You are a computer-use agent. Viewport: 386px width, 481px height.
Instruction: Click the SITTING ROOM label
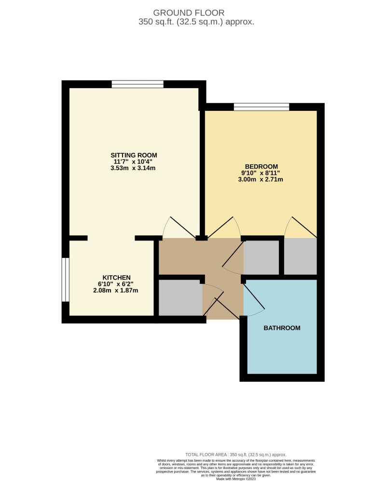point(134,155)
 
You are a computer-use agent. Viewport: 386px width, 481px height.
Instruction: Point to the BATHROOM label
point(282,328)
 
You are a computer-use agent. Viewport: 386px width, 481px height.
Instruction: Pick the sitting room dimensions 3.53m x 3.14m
point(134,168)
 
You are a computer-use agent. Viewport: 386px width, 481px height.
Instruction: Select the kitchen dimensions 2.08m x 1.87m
point(115,291)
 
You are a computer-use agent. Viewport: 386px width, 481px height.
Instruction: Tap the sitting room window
point(138,84)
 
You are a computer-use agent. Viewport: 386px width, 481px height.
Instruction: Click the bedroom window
point(261,107)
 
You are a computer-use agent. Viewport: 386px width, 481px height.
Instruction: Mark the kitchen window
point(66,280)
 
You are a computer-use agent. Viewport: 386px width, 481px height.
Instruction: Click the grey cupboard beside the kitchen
point(179,298)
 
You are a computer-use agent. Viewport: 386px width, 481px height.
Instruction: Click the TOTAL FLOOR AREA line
point(236,454)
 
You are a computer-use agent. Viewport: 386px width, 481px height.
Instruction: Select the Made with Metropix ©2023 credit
point(236,479)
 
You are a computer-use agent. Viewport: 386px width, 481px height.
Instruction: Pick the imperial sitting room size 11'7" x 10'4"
point(134,161)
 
